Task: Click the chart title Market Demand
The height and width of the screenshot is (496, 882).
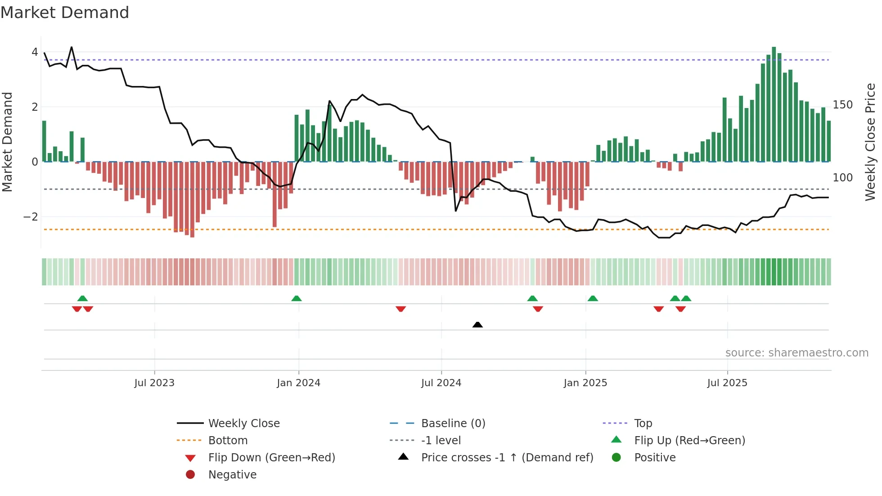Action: point(65,13)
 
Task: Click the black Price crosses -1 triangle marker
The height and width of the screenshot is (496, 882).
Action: point(477,325)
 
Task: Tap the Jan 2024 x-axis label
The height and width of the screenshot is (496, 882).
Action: point(298,383)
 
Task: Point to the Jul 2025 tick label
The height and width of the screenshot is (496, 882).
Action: point(727,383)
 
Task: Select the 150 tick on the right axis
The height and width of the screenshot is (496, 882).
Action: point(842,105)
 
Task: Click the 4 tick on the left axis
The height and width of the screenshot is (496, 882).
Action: point(35,52)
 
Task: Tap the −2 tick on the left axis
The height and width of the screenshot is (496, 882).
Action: point(31,217)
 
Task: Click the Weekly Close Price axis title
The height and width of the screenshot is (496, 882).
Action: point(870,142)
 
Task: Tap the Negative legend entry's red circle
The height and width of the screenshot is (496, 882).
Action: point(190,475)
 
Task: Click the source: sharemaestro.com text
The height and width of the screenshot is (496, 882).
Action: point(796,353)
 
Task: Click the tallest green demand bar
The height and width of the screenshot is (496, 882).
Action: point(774,104)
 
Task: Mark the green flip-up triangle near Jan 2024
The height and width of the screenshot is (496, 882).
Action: point(296,298)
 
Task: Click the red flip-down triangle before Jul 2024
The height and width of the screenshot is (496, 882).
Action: point(401,309)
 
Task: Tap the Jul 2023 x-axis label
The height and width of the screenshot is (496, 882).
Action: point(154,383)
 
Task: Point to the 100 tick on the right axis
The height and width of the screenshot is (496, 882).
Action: point(842,178)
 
